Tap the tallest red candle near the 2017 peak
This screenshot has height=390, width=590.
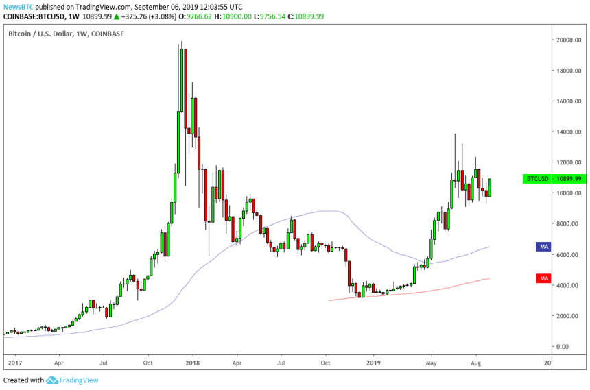click(185, 89)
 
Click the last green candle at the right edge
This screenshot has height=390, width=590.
click(491, 187)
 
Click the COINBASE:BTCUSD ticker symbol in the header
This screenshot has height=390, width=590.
click(30, 16)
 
